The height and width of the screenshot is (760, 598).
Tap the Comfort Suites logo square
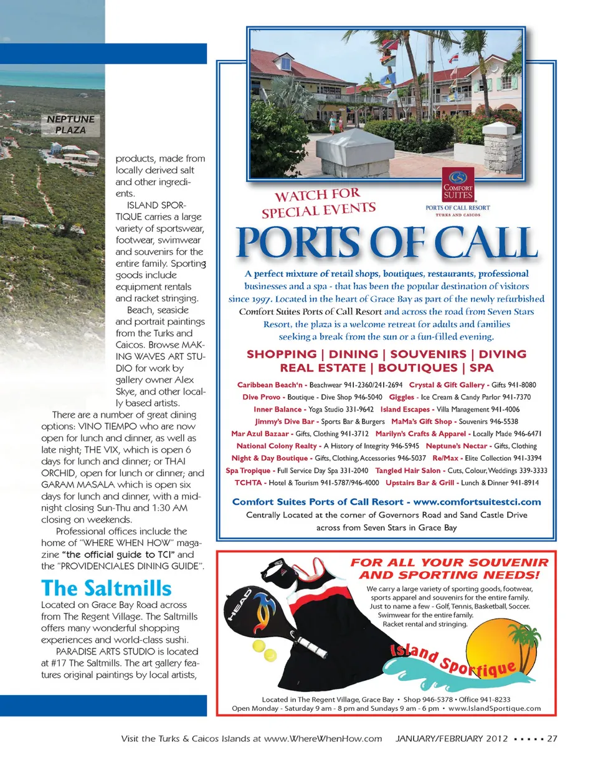click(x=457, y=184)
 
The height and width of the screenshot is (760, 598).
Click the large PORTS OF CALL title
click(x=387, y=243)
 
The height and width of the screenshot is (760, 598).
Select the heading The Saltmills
click(x=105, y=587)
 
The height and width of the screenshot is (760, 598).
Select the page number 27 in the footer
click(x=552, y=739)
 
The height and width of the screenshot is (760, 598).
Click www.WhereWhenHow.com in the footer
click(x=323, y=739)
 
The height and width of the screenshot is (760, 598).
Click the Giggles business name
click(x=401, y=397)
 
